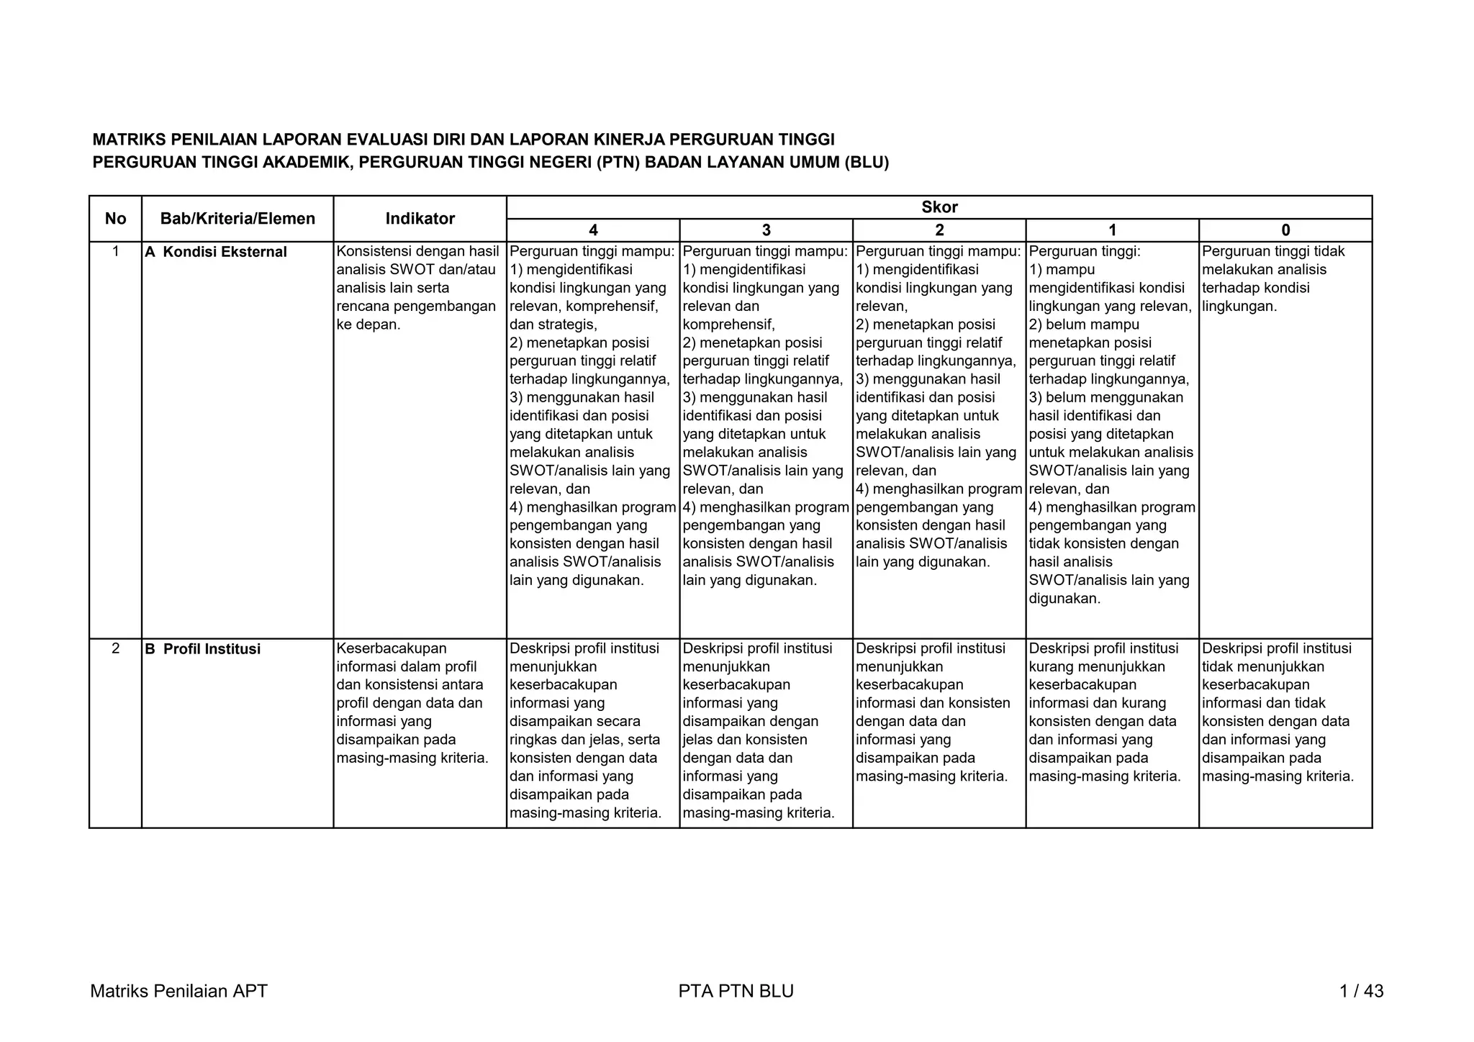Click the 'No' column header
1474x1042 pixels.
pos(115,219)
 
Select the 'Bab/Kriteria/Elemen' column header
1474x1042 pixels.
pos(238,219)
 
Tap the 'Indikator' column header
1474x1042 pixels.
pos(420,219)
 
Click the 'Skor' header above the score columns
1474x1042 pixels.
pos(939,207)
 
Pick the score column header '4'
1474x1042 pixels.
pos(593,230)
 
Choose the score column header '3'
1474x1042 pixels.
pos(766,230)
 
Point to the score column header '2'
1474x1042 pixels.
pos(939,230)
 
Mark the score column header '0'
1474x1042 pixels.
pos(1285,230)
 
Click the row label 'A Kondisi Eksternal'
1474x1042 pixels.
pos(216,252)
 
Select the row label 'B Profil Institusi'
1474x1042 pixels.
pos(203,649)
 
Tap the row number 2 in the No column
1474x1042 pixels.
pos(115,648)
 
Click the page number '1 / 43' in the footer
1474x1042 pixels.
pos(1361,992)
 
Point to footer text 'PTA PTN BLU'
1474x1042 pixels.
pos(736,992)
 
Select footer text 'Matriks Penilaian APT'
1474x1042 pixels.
pos(178,992)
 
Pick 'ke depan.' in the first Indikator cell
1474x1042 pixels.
pos(368,325)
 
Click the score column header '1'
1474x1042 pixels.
pos(1112,230)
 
